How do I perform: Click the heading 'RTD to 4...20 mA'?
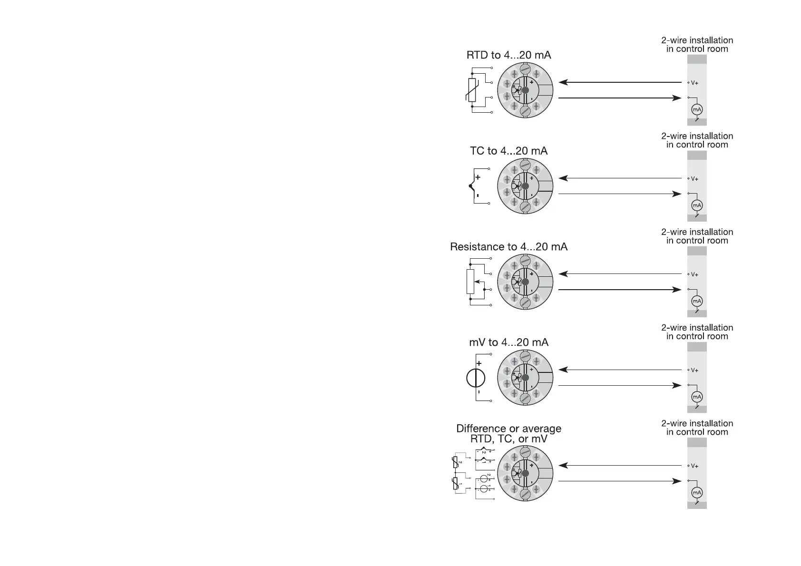(x=508, y=55)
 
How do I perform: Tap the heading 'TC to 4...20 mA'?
(x=508, y=151)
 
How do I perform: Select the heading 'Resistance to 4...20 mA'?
(x=508, y=247)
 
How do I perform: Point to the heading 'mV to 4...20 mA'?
(x=508, y=342)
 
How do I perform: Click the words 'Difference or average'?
(x=508, y=429)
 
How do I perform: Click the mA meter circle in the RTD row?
(x=697, y=109)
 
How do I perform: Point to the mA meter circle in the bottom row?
(x=697, y=493)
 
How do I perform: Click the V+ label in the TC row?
(x=694, y=179)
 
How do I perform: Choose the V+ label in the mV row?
(x=694, y=370)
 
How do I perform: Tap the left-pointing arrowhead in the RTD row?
(x=563, y=82)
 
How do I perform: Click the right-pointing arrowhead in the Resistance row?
(x=677, y=290)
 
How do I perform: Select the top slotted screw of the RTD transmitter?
(x=525, y=69)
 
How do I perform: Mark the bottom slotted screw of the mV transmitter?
(x=525, y=399)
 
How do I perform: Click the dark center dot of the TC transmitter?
(x=525, y=186)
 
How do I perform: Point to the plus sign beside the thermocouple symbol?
(x=478, y=177)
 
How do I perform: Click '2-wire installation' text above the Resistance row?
(x=697, y=232)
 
